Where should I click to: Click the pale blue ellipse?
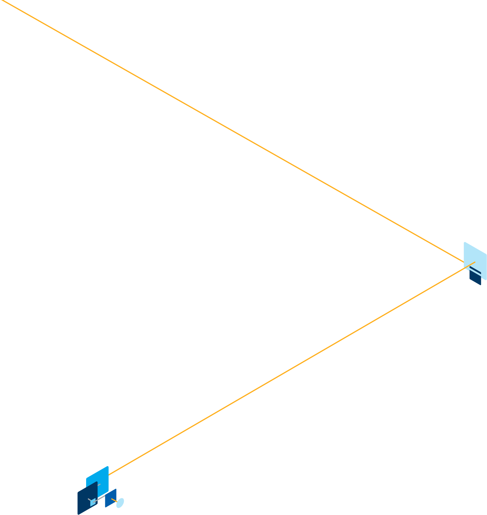pyautogui.click(x=120, y=503)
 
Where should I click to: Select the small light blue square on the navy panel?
pyautogui.click(x=93, y=503)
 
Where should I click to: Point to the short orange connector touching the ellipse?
pyautogui.click(x=114, y=500)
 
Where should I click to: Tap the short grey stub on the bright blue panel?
pyautogui.click(x=99, y=485)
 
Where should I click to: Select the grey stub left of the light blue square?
pyautogui.click(x=89, y=499)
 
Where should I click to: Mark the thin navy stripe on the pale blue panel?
pyautogui.click(x=475, y=270)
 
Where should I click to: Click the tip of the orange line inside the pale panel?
pyautogui.click(x=475, y=262)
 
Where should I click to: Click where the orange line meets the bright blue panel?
pyautogui.click(x=109, y=475)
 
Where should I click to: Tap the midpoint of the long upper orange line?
pyautogui.click(x=232, y=131)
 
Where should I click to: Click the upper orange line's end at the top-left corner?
pyautogui.click(x=1, y=0)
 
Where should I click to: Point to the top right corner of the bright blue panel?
pyautogui.click(x=108, y=466)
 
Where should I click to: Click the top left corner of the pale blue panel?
pyautogui.click(x=464, y=242)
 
